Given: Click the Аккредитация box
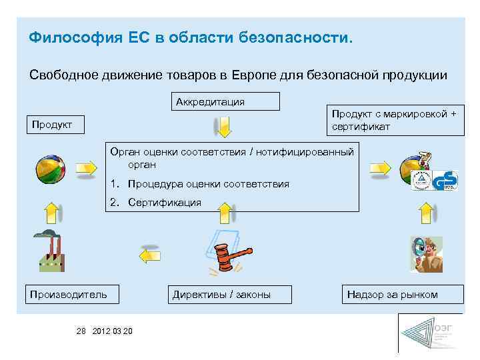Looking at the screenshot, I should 225,101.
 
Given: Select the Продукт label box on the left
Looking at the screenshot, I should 55,125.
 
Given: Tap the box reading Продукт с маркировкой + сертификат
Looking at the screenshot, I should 394,120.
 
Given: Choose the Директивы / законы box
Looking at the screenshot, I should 221,294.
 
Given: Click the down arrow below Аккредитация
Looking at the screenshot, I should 225,126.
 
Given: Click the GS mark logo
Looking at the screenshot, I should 445,180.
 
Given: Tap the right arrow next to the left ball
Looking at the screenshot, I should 86,169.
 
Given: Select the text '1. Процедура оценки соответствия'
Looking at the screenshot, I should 200,183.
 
